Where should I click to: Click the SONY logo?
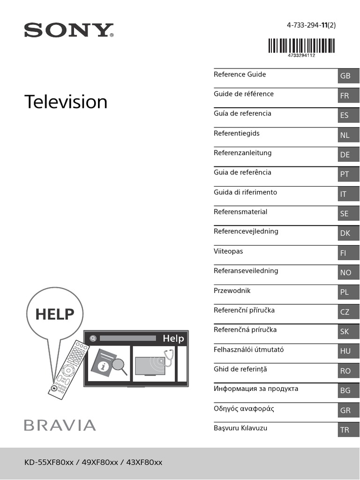[x=69, y=31]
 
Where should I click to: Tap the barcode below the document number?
[x=301, y=46]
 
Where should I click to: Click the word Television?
[x=66, y=102]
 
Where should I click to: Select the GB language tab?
[x=348, y=76]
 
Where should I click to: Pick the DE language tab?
[x=348, y=155]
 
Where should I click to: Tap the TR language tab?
[x=348, y=430]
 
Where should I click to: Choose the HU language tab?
[x=348, y=351]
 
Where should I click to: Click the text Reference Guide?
[x=240, y=75]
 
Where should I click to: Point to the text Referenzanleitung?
[x=242, y=153]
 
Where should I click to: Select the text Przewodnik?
[x=232, y=291]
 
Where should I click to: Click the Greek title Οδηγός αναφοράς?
[x=244, y=409]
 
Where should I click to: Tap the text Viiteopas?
[x=228, y=251]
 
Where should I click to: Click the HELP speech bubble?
[x=55, y=314]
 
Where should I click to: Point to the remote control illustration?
[x=69, y=368]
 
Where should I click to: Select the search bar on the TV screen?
[x=127, y=338]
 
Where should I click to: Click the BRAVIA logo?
[x=60, y=425]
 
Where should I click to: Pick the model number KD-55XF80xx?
[x=49, y=463]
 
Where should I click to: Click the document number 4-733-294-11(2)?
[x=311, y=26]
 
